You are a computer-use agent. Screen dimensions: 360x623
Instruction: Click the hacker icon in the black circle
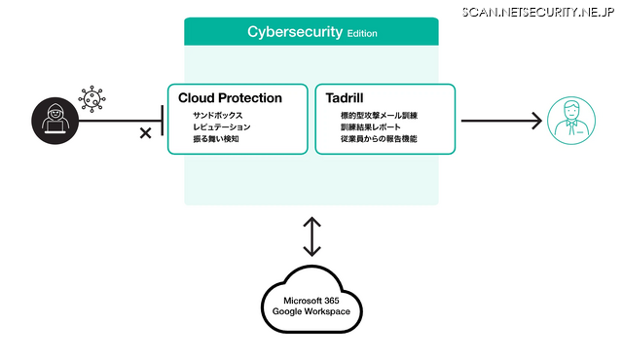(x=55, y=120)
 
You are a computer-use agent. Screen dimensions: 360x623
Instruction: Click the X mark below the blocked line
(x=145, y=132)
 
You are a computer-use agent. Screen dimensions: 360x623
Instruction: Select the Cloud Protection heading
(x=230, y=98)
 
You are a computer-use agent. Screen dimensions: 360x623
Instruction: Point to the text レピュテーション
(x=221, y=127)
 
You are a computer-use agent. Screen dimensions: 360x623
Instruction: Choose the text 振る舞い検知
(x=216, y=139)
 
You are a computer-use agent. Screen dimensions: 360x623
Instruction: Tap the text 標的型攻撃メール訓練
(x=372, y=116)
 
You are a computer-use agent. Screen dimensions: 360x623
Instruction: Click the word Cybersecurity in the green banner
(x=294, y=32)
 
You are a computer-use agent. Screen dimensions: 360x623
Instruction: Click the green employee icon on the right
(x=570, y=121)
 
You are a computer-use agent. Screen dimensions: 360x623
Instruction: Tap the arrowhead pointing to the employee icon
(x=534, y=121)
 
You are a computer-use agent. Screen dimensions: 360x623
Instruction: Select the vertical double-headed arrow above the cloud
(x=311, y=237)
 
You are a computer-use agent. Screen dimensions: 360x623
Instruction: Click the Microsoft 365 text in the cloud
(x=311, y=301)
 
